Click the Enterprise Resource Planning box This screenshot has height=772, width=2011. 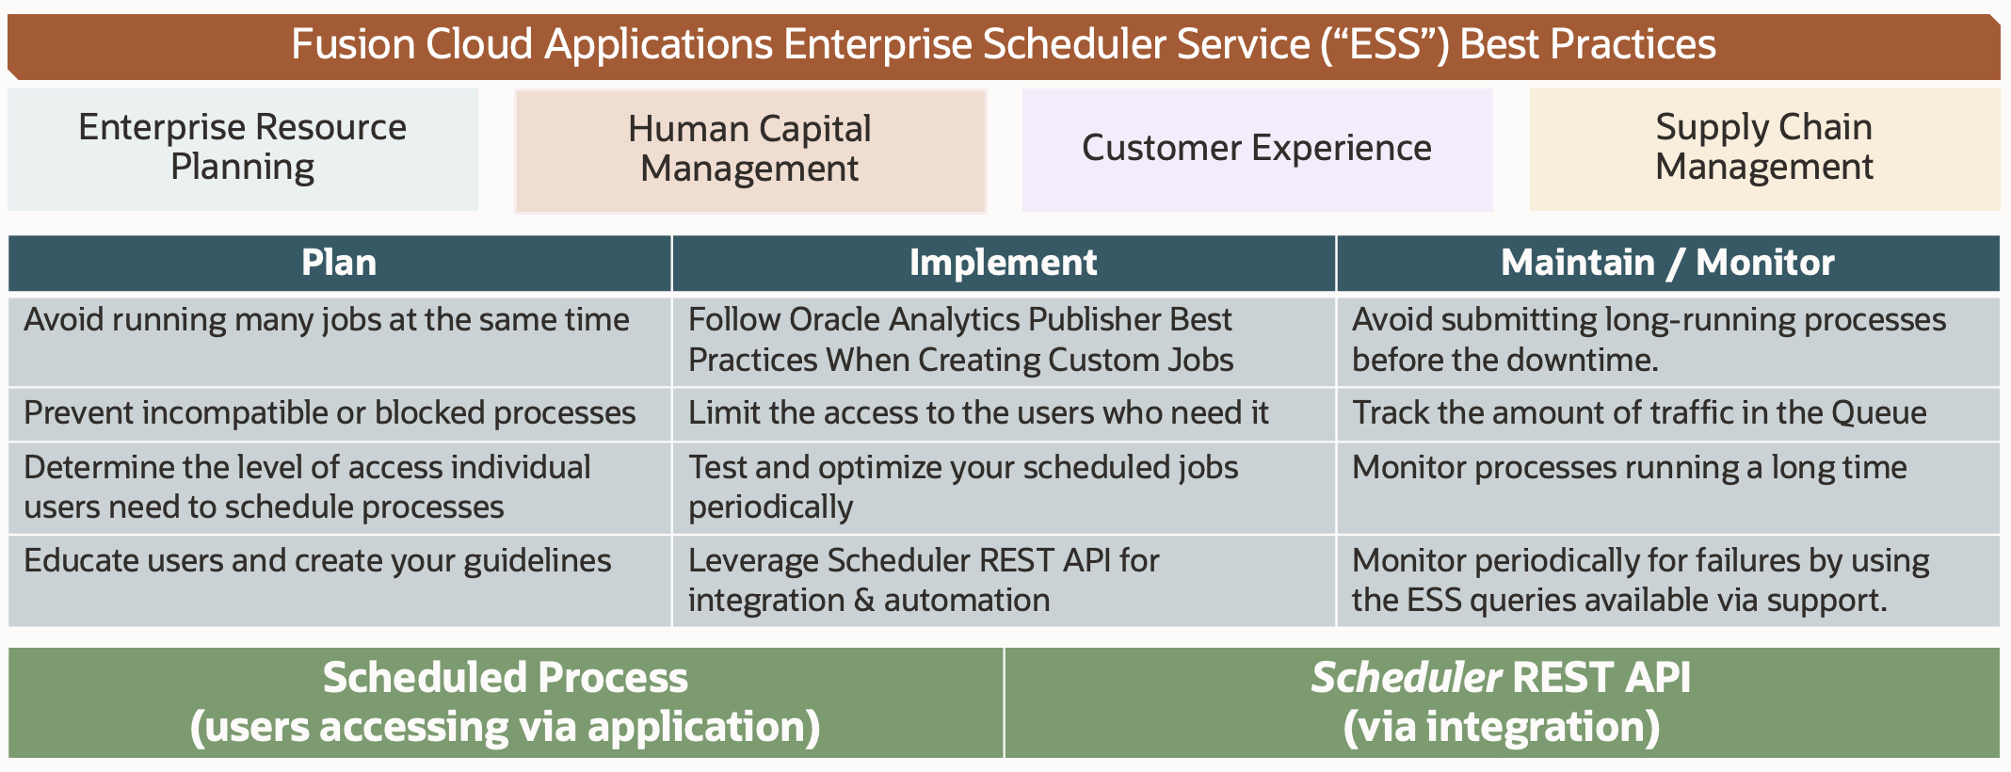coord(242,148)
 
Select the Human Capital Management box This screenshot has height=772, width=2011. coord(749,150)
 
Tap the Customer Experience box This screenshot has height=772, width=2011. coord(1257,149)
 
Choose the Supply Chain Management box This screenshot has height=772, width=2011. coord(1763,148)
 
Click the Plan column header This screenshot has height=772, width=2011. coord(339,263)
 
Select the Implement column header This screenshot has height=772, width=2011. coord(1003,263)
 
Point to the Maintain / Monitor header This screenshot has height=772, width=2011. coord(1667,263)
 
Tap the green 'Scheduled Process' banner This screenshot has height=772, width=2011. coord(506,702)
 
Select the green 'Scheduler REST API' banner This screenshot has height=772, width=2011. coord(1501,702)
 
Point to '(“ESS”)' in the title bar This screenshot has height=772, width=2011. coord(1384,44)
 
